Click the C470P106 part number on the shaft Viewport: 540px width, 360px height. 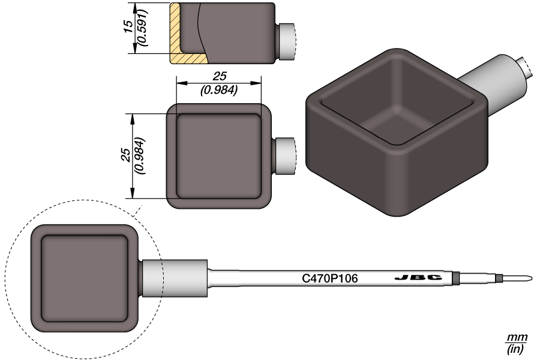coord(329,278)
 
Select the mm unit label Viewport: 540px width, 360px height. coord(515,338)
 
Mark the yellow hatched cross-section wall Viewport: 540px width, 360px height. coord(176,36)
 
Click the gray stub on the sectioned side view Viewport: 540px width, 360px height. coord(286,42)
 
